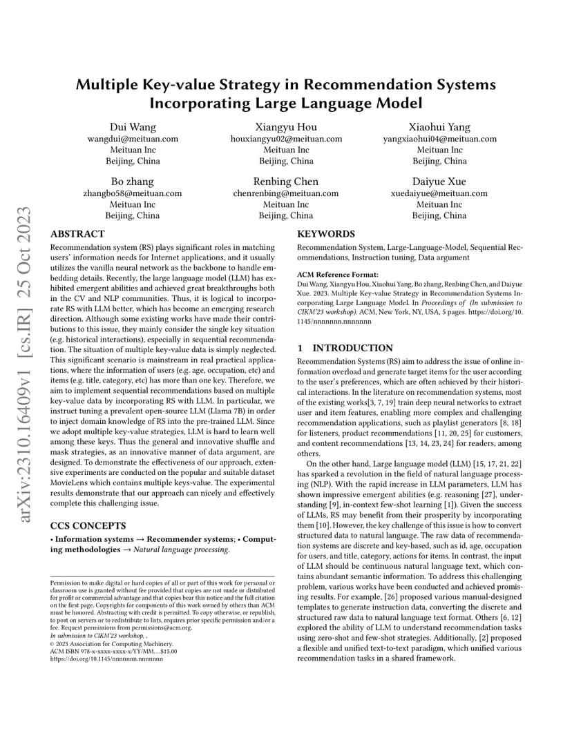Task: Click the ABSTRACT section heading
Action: tap(77, 234)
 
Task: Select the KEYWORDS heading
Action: tap(326, 234)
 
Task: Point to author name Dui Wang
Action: tap(133, 127)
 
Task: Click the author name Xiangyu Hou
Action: tap(286, 127)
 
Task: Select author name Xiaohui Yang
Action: tap(439, 127)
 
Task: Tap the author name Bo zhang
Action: tap(133, 182)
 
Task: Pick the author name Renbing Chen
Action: tap(286, 182)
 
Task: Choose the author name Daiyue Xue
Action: tap(439, 182)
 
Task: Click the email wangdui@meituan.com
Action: tap(133, 139)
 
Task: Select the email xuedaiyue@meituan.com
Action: tap(439, 193)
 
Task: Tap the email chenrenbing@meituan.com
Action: tap(286, 193)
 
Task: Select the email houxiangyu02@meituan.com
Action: tap(286, 139)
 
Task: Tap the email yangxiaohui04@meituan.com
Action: tap(439, 139)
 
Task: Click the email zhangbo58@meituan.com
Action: tap(133, 193)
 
